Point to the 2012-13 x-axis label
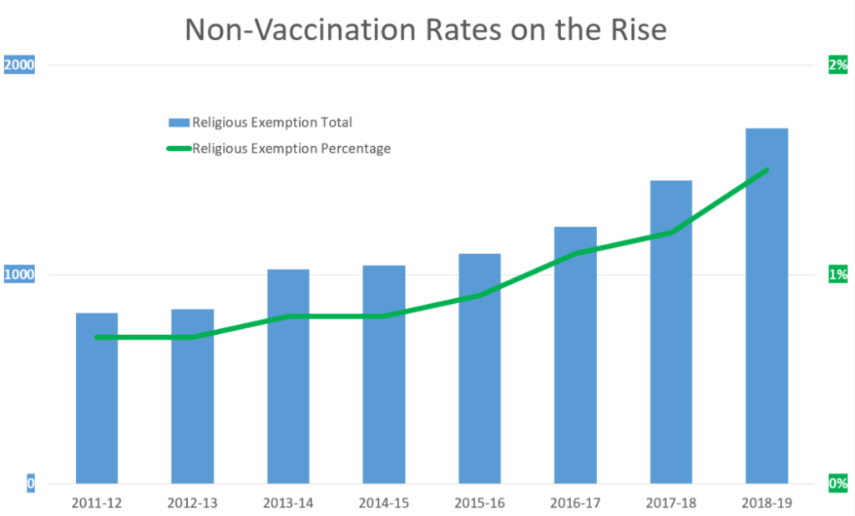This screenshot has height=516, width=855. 192,503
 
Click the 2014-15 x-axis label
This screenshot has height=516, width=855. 383,503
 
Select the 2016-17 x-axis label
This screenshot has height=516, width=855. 575,503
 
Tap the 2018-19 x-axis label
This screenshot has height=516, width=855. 766,503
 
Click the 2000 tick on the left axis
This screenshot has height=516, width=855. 20,65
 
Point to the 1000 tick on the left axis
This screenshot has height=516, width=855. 20,275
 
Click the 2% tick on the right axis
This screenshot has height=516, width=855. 837,65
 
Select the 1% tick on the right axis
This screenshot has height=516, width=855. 837,275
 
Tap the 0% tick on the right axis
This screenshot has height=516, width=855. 837,483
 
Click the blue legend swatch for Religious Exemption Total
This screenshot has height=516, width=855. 179,123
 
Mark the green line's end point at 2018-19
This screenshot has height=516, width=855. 766,170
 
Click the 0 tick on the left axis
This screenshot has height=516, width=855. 30,483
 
